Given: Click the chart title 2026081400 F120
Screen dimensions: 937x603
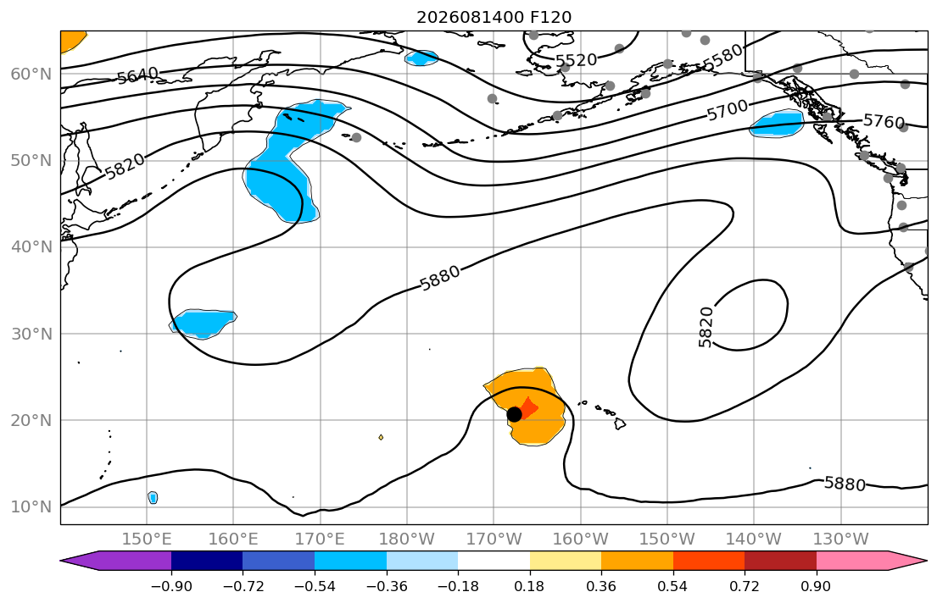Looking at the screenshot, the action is (494, 17).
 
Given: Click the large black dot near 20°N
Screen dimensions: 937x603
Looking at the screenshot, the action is (514, 414).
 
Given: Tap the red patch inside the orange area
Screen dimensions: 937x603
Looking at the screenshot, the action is (528, 408).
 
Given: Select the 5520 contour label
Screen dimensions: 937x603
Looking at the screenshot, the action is (576, 60).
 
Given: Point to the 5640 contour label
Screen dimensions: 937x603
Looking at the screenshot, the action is (137, 76).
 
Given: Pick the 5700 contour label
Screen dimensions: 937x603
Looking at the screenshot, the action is (728, 110).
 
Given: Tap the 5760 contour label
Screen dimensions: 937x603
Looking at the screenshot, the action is (884, 121).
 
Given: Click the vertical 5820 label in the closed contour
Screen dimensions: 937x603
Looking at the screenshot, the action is (706, 327).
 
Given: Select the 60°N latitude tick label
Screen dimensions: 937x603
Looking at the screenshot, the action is (31, 74).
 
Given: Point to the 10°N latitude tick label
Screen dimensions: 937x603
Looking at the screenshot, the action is (31, 507).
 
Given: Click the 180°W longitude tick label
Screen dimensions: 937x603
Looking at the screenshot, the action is (407, 539).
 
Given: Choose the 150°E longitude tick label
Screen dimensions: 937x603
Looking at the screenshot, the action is (147, 539).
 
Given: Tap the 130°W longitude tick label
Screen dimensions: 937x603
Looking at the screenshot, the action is (841, 539).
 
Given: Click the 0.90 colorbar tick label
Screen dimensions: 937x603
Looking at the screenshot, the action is (816, 586).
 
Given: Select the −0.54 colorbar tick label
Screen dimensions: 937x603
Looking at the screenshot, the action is (315, 586).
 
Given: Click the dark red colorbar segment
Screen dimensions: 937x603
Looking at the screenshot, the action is (780, 561).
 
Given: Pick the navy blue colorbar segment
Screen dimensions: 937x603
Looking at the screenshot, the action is (207, 561).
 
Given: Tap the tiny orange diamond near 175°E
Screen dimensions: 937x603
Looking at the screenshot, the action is (381, 438).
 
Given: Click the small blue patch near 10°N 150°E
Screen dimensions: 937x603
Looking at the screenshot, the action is (153, 497).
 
